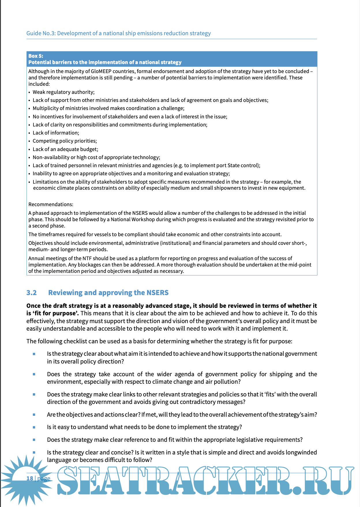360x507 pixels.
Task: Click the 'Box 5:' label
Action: point(36,56)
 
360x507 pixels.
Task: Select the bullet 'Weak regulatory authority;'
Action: point(63,92)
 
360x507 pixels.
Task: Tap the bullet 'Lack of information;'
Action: point(56,133)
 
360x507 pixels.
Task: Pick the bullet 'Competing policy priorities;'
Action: point(65,141)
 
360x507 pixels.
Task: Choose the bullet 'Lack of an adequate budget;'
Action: point(65,149)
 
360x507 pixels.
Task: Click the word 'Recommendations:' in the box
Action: point(51,204)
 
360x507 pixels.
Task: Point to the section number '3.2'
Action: point(31,293)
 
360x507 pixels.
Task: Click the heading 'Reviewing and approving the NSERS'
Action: point(108,293)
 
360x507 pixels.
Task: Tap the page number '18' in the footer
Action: point(30,478)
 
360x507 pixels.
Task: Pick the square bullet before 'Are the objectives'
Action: point(34,415)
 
